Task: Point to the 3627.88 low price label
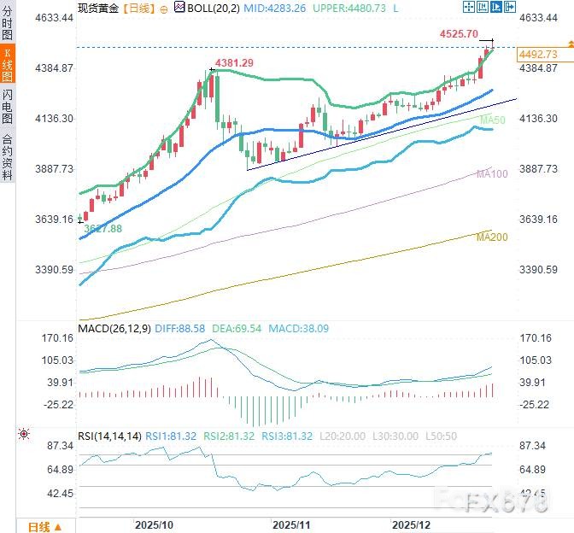pos(103,229)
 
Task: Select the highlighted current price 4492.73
pos(537,54)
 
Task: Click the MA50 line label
pos(493,120)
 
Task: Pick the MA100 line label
pos(493,173)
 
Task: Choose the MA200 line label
pos(493,236)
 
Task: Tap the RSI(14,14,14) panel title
pos(108,436)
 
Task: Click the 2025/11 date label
pos(291,523)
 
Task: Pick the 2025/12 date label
pos(411,523)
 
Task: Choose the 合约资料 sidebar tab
pos(8,157)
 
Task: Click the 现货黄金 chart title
pos(98,7)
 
